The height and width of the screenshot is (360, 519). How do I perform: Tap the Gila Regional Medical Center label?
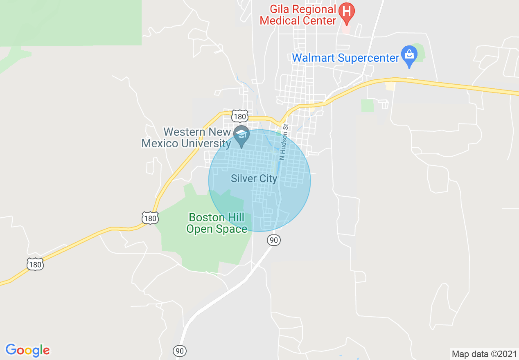point(298,15)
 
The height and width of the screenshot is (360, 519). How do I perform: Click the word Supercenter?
point(369,58)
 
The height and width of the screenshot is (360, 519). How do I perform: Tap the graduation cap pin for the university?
point(241,135)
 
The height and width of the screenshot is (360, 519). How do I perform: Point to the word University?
point(207,144)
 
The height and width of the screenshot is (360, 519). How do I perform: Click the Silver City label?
point(254,179)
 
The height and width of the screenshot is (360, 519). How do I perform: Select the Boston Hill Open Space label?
point(217,223)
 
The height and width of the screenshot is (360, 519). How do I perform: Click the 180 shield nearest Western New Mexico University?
point(239,117)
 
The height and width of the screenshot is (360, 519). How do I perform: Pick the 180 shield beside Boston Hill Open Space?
point(150,218)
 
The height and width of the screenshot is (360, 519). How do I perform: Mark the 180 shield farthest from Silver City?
point(35,265)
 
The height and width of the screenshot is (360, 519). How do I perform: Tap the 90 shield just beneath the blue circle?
point(274,240)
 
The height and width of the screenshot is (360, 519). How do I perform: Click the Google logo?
point(27,350)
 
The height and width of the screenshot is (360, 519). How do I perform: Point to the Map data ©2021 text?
point(483,354)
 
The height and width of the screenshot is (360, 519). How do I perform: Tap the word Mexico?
point(160,144)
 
